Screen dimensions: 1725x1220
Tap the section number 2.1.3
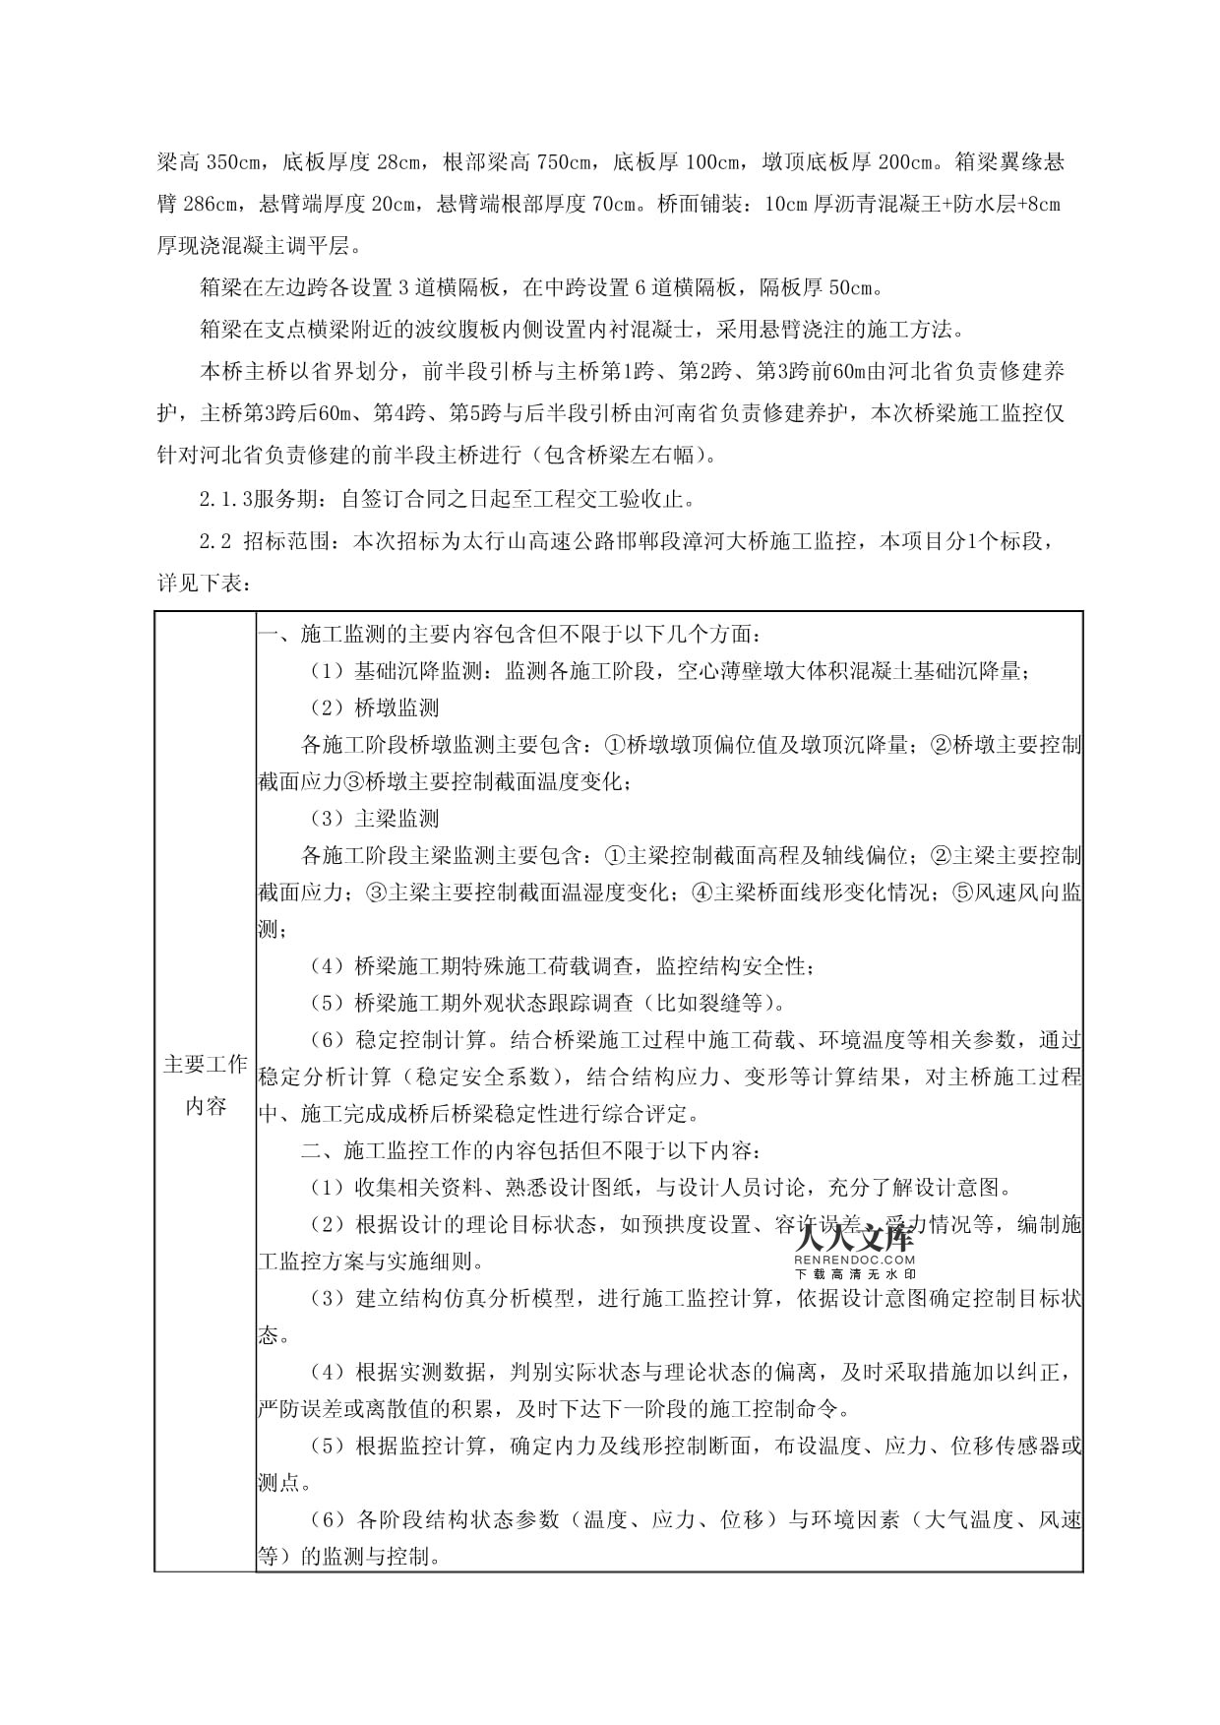point(225,499)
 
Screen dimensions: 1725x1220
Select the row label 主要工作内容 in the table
point(205,1085)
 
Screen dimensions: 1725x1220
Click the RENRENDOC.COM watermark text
point(853,1259)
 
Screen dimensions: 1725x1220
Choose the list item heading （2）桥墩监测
point(375,708)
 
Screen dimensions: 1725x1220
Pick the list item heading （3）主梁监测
point(375,818)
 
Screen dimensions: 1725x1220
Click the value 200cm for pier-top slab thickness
point(904,161)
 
